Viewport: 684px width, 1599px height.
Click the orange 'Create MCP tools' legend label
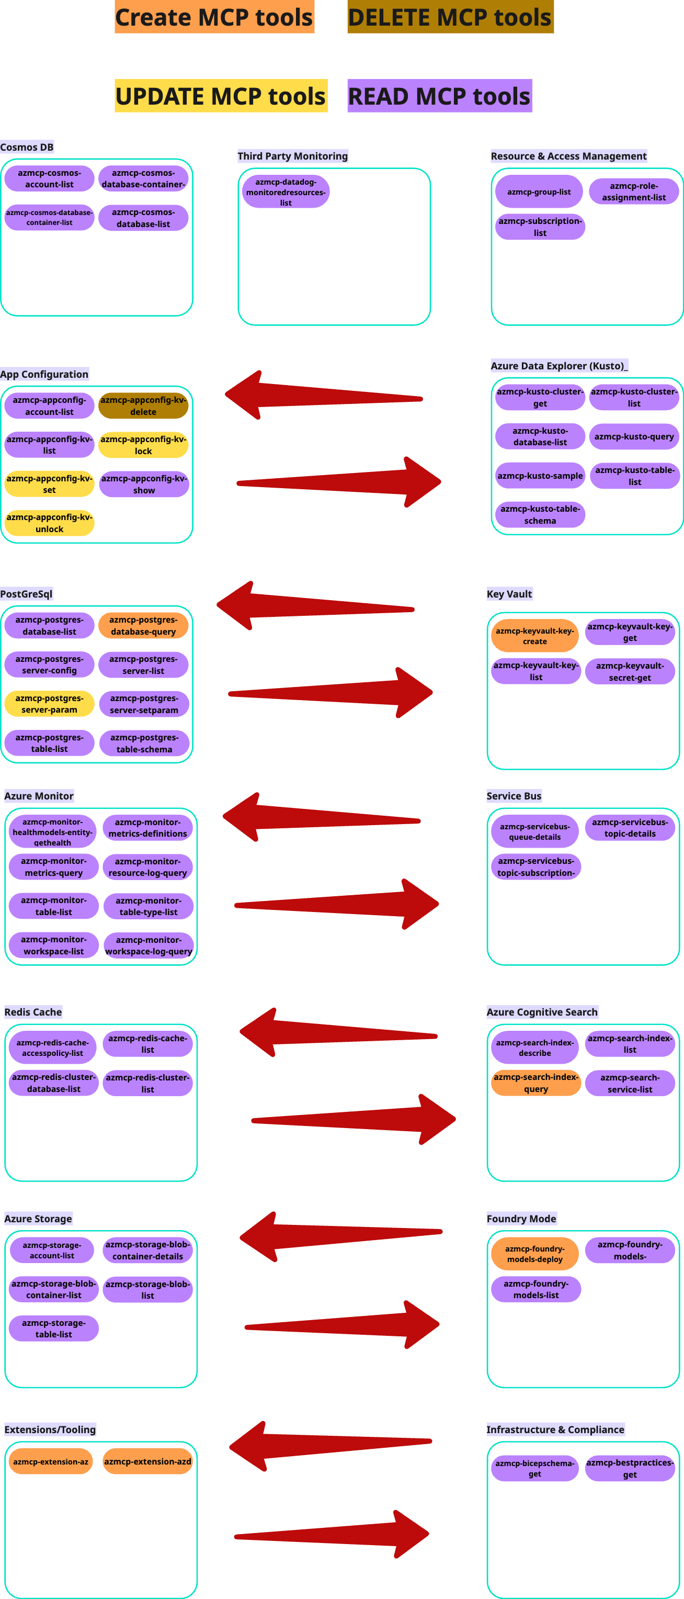tap(214, 17)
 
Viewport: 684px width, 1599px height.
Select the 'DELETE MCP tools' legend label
tap(450, 17)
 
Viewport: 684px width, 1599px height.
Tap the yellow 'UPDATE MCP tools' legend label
tap(220, 96)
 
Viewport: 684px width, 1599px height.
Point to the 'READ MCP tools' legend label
tap(439, 96)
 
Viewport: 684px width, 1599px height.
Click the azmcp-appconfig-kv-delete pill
tap(143, 406)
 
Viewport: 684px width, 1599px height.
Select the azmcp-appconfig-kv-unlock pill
tap(50, 523)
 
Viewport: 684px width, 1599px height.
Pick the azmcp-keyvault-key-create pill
tap(534, 636)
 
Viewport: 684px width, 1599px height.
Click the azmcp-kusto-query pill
tap(634, 436)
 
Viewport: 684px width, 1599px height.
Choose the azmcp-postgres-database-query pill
tap(143, 626)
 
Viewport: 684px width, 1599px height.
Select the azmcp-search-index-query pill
tap(536, 1083)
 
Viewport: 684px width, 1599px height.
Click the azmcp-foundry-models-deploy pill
tap(534, 1254)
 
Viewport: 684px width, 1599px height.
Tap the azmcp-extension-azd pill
tap(147, 1462)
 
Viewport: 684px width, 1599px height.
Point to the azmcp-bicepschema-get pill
tap(534, 1469)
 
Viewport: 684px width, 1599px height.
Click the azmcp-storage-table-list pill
tap(54, 1328)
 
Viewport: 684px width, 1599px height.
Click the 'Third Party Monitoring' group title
tap(293, 156)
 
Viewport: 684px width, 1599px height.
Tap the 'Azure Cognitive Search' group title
tap(542, 1012)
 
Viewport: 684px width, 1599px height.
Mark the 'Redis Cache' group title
tap(33, 1012)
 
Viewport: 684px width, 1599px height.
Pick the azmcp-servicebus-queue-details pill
tap(534, 832)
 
